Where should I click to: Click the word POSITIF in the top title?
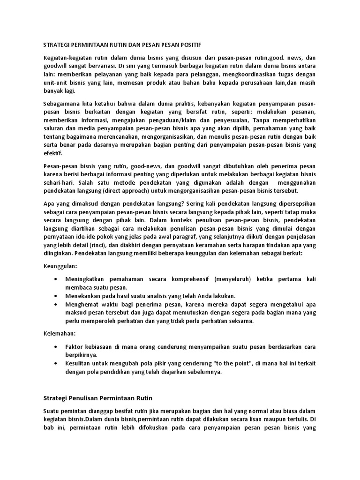[188, 45]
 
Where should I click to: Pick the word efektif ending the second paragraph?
[52, 153]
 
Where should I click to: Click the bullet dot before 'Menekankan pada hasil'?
[56, 296]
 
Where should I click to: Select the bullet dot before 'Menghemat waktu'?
[56, 305]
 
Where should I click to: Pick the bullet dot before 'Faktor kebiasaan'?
[56, 347]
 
